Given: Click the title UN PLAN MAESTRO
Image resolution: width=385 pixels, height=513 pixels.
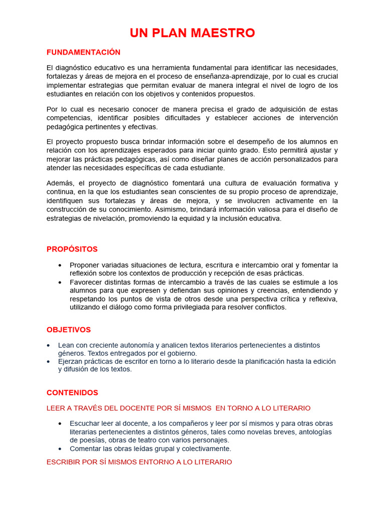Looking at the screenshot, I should coord(192,33).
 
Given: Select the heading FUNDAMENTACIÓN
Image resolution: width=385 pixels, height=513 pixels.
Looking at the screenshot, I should coord(83,52).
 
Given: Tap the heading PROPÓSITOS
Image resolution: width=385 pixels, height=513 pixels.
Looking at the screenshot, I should coord(72,249).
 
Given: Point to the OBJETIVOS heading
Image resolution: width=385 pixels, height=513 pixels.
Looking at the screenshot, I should coord(69,330).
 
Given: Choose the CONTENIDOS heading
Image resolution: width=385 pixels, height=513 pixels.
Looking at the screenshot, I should coord(72,393).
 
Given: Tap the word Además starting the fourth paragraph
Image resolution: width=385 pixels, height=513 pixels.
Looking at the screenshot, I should coord(60,183).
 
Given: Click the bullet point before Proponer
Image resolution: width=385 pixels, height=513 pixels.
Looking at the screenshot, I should coord(60,265).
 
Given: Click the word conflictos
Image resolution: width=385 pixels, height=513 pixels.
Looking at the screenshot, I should coord(270,307).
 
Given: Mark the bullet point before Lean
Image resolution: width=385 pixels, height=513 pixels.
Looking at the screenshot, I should coord(48,345).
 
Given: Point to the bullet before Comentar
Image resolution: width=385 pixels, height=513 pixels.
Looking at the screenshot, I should coord(60,449).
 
